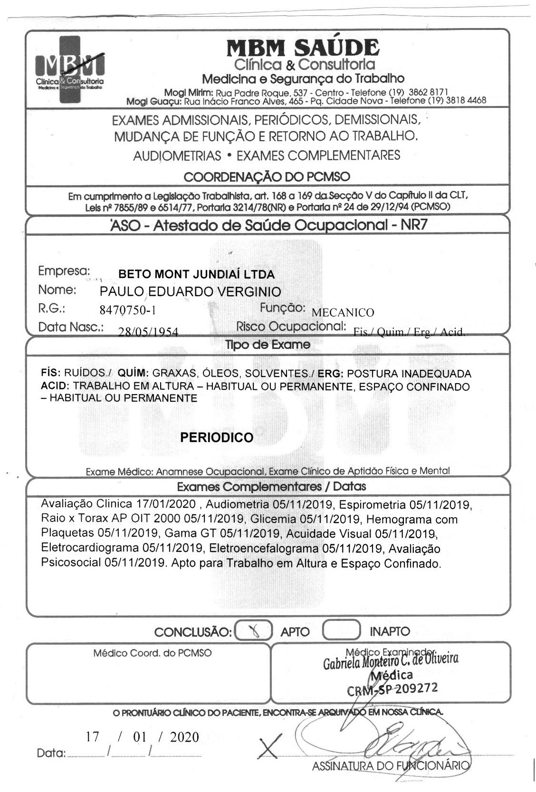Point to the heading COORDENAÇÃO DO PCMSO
coord(267,177)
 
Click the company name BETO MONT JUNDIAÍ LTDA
coord(196,274)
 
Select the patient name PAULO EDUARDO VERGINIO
coord(190,291)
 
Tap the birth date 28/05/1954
coord(148,332)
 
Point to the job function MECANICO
coord(342,312)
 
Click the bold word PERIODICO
coord(217,437)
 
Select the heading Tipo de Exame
coord(268,345)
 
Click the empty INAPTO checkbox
coord(341,630)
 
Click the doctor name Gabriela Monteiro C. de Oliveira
coord(391,660)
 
